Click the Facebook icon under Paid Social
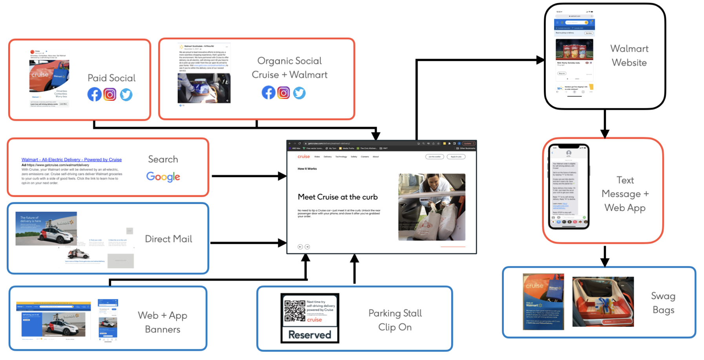pos(94,95)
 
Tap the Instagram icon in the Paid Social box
pos(110,95)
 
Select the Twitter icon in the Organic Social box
pos(299,93)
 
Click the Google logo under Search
pos(163,177)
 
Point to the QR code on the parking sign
pos(295,311)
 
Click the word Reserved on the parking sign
pos(310,335)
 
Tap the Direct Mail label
pos(168,239)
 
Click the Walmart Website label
pos(629,55)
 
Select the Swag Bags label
pos(663,303)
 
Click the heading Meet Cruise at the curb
pos(337,197)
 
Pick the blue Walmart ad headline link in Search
pos(71,160)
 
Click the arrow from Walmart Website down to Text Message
pos(605,124)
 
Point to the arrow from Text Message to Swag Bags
pos(605,256)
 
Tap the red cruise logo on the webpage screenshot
pos(303,156)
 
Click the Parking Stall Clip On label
pos(395,320)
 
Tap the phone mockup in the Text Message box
pos(569,186)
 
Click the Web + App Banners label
pos(162,322)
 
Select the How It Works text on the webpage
pos(307,169)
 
